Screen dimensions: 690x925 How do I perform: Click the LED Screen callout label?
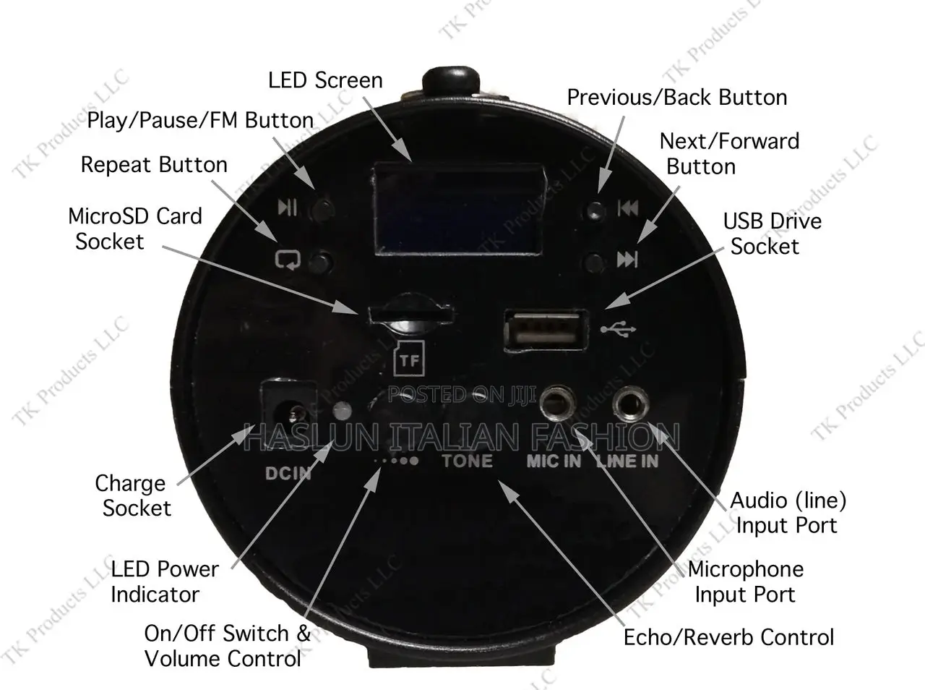[325, 80]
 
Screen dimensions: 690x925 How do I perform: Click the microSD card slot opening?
[410, 315]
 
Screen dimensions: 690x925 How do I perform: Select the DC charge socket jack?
[293, 413]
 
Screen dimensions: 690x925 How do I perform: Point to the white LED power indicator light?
[343, 412]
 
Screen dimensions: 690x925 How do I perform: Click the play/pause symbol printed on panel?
[287, 208]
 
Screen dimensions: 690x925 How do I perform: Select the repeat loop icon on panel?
[288, 259]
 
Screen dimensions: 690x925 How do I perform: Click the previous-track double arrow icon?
[627, 209]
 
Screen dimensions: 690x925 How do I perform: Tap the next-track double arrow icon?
[627, 259]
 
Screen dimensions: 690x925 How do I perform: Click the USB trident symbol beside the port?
[619, 330]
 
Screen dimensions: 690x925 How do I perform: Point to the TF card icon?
[409, 359]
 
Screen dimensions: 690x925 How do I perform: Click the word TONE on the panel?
[467, 461]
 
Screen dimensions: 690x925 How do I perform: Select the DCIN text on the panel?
[288, 474]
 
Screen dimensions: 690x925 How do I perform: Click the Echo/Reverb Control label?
[728, 637]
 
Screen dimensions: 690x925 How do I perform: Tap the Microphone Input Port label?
[745, 582]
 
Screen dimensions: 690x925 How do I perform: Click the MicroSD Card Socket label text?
[134, 229]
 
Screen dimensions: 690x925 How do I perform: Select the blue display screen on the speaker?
[458, 209]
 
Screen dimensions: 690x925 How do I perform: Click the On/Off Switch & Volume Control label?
[227, 646]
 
